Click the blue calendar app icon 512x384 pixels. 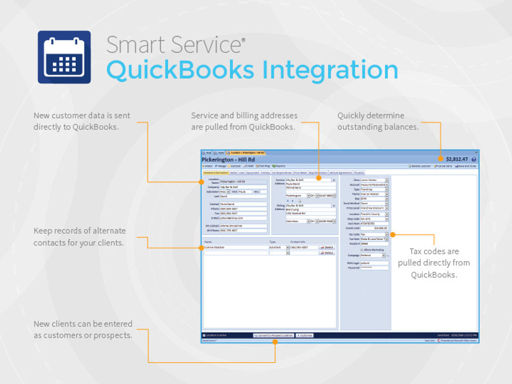[64, 57]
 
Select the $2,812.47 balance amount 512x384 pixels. [457, 159]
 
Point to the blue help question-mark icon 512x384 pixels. [474, 159]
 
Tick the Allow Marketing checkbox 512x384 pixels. [362, 249]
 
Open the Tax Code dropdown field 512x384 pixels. [374, 234]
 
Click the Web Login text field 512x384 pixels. [374, 263]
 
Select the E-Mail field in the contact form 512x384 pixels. [243, 218]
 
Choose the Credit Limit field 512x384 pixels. [374, 228]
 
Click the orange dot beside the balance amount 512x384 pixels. [441, 159]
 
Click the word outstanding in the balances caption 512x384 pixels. [359, 127]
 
